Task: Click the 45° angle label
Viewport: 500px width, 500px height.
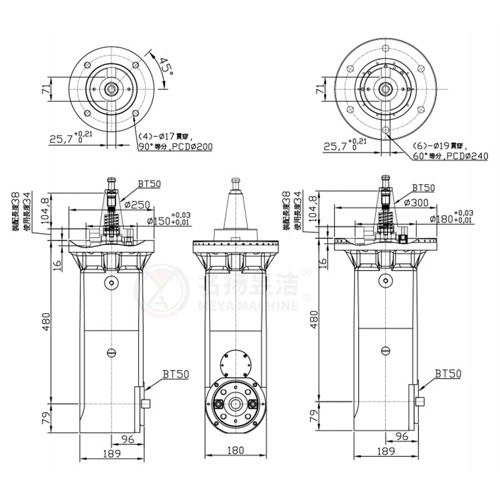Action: click(165, 66)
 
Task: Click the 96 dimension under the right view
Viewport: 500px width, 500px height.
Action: click(402, 436)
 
